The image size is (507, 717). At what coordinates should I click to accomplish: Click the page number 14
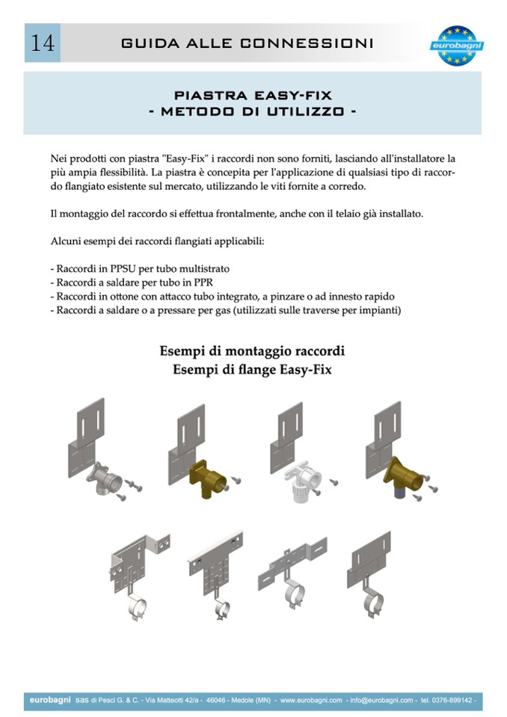coord(43,43)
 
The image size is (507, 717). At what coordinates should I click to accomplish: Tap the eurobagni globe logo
coord(456,46)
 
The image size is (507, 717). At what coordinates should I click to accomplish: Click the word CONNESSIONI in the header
coord(307,43)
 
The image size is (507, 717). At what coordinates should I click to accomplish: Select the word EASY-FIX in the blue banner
coord(292,96)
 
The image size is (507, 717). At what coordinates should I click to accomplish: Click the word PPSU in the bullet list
coord(123,268)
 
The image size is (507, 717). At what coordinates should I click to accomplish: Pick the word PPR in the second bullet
coord(203,283)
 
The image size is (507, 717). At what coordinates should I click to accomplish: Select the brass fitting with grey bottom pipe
coord(403,476)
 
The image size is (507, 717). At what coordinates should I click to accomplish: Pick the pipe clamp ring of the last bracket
coord(374,603)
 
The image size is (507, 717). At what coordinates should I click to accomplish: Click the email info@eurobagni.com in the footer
coord(381,700)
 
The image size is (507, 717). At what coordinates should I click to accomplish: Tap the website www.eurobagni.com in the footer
coord(311,700)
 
